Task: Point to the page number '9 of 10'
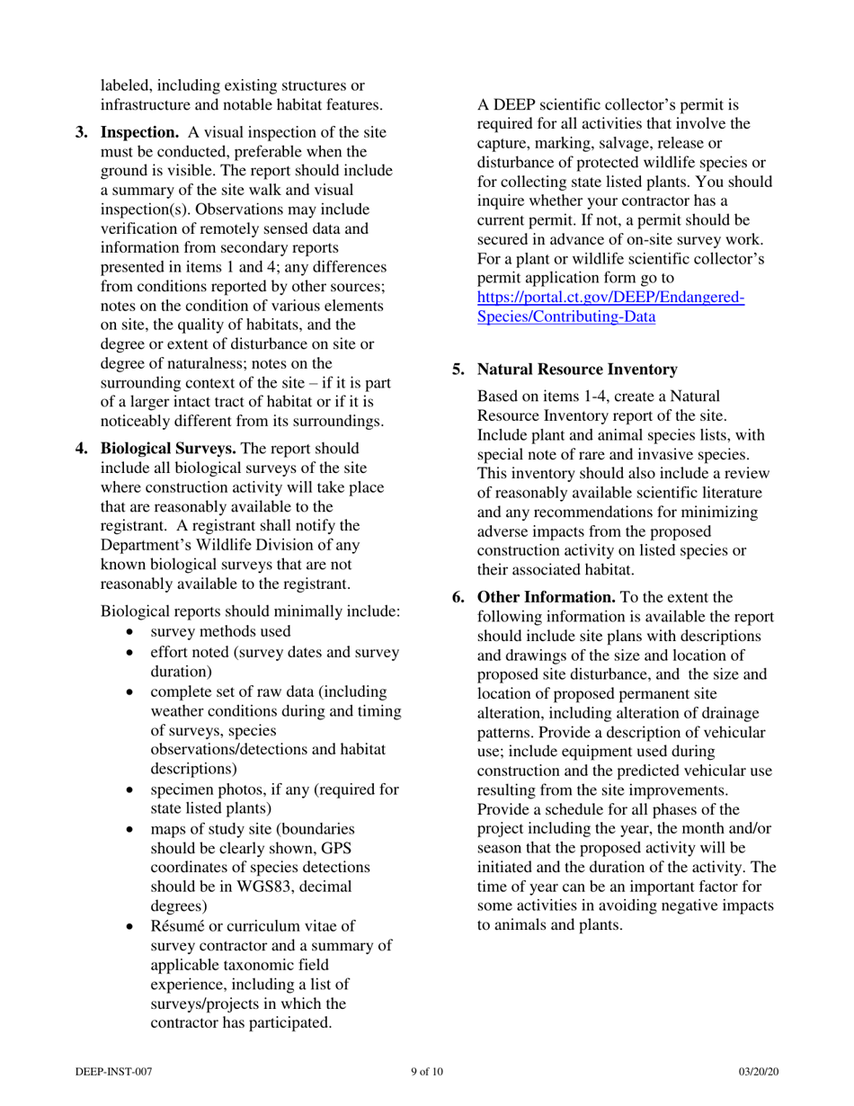(427, 1072)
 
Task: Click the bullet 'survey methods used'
(220, 631)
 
